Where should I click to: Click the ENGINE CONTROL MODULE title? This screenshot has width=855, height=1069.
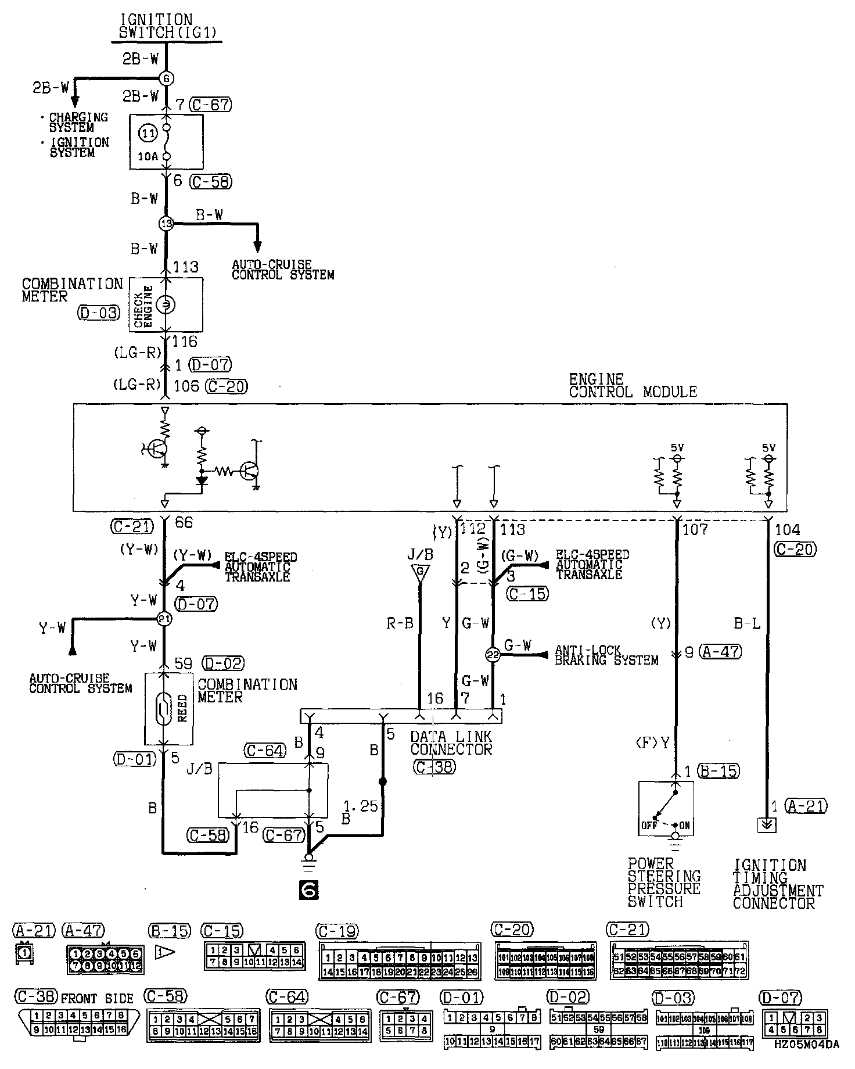[x=633, y=386]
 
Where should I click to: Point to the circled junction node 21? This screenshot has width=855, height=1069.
[x=165, y=619]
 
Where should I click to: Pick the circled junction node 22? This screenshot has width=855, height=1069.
[x=493, y=654]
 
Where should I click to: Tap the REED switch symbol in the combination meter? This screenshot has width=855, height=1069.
[x=164, y=708]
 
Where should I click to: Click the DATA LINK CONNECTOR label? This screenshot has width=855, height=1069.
[x=451, y=743]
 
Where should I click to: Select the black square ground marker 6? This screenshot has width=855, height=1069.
[x=308, y=889]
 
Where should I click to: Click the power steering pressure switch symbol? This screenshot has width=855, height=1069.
[x=666, y=808]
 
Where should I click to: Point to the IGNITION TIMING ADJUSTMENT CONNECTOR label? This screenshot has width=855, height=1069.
[x=777, y=884]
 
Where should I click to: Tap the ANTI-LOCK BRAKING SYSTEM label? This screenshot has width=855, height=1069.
[x=606, y=655]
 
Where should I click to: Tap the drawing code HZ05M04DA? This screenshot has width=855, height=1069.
[x=806, y=1060]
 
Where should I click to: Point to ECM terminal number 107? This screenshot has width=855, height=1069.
[x=695, y=529]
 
